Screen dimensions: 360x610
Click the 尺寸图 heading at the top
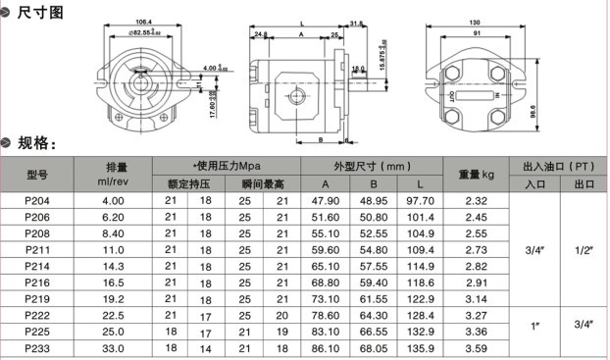click(x=42, y=12)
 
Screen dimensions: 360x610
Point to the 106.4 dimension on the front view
click(x=143, y=22)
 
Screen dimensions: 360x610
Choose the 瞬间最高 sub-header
click(x=262, y=183)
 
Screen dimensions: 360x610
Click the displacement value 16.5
click(x=113, y=282)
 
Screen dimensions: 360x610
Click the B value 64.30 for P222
click(x=373, y=315)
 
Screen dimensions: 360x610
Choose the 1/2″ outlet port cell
click(x=585, y=249)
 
